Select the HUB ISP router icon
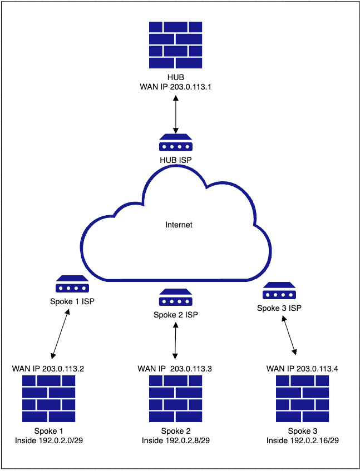176,144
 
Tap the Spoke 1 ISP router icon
72,285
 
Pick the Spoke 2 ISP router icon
176,298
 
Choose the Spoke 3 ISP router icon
279,291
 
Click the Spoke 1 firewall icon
49,399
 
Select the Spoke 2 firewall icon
176,399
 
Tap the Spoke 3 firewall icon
302,399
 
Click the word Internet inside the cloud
179,225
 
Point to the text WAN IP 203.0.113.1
176,87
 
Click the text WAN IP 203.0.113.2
48,369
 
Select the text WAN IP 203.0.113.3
175,369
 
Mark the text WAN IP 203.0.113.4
303,369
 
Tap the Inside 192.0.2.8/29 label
176,440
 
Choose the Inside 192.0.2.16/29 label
302,440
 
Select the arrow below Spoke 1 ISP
61,334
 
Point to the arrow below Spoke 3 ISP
290,336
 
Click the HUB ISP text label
176,160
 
